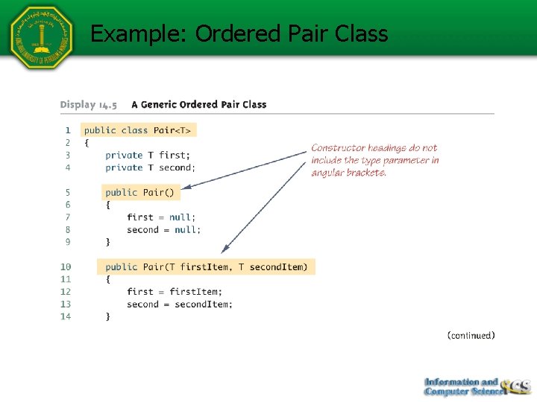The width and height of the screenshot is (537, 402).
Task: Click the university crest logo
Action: [x=41, y=37]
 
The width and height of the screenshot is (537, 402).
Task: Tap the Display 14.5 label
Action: [x=88, y=104]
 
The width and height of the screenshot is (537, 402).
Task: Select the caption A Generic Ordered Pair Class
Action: [x=198, y=104]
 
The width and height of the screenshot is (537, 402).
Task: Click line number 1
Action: [x=67, y=130]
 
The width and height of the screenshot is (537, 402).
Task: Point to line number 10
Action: [x=66, y=267]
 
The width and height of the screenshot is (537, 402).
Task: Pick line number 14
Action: [x=66, y=316]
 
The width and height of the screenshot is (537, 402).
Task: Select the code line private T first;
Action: [x=148, y=155]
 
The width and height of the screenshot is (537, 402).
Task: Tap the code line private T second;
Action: [x=150, y=167]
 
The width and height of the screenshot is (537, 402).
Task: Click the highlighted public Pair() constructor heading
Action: [x=139, y=192]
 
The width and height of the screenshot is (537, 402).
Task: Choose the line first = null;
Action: [x=161, y=217]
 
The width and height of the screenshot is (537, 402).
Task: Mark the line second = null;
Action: [x=163, y=229]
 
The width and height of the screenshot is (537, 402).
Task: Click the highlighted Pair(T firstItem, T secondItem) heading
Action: [x=206, y=267]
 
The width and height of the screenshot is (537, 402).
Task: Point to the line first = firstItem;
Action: [x=174, y=292]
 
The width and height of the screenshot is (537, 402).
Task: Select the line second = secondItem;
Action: [x=179, y=304]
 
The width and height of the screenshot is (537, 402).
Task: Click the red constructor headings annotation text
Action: [x=374, y=160]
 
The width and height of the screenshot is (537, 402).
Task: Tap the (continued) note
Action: [x=471, y=336]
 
